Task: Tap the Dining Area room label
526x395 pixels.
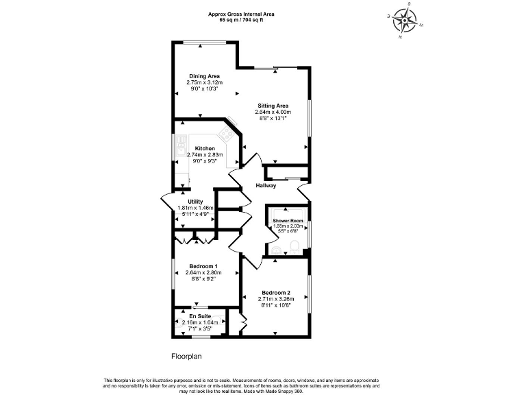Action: click(204, 76)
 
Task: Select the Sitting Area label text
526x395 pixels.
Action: click(273, 106)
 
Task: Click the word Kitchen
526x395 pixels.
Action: click(205, 149)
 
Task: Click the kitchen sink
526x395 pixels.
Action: click(180, 147)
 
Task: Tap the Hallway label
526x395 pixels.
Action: click(266, 186)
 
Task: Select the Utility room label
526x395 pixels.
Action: click(196, 202)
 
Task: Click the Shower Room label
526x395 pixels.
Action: click(287, 221)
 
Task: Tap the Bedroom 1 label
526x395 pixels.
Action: click(203, 266)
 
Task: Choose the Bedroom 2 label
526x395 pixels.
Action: click(275, 292)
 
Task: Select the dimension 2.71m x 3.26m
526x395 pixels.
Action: click(275, 299)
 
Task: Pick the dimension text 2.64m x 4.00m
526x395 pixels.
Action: click(273, 112)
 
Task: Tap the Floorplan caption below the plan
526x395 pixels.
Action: click(186, 357)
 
